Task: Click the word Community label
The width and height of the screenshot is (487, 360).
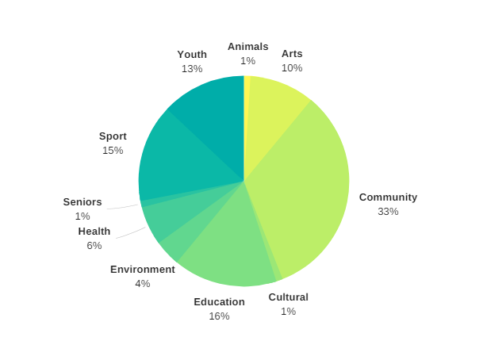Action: tap(388, 197)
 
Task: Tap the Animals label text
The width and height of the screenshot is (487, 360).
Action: tap(247, 46)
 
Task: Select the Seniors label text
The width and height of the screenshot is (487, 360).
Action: tap(82, 201)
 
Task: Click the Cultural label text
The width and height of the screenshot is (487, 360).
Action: tap(288, 297)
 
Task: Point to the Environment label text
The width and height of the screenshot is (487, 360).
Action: tap(143, 269)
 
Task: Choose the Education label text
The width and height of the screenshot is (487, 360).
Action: tap(219, 301)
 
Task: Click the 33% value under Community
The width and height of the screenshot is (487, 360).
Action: tap(388, 211)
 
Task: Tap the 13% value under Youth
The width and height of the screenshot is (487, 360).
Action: tap(192, 68)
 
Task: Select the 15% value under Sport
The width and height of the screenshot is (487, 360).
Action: tap(113, 150)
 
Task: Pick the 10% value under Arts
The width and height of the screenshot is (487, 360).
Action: tap(292, 67)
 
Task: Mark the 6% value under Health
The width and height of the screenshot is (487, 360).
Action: tap(94, 245)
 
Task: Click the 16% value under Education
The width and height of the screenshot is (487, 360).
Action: tap(219, 316)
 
